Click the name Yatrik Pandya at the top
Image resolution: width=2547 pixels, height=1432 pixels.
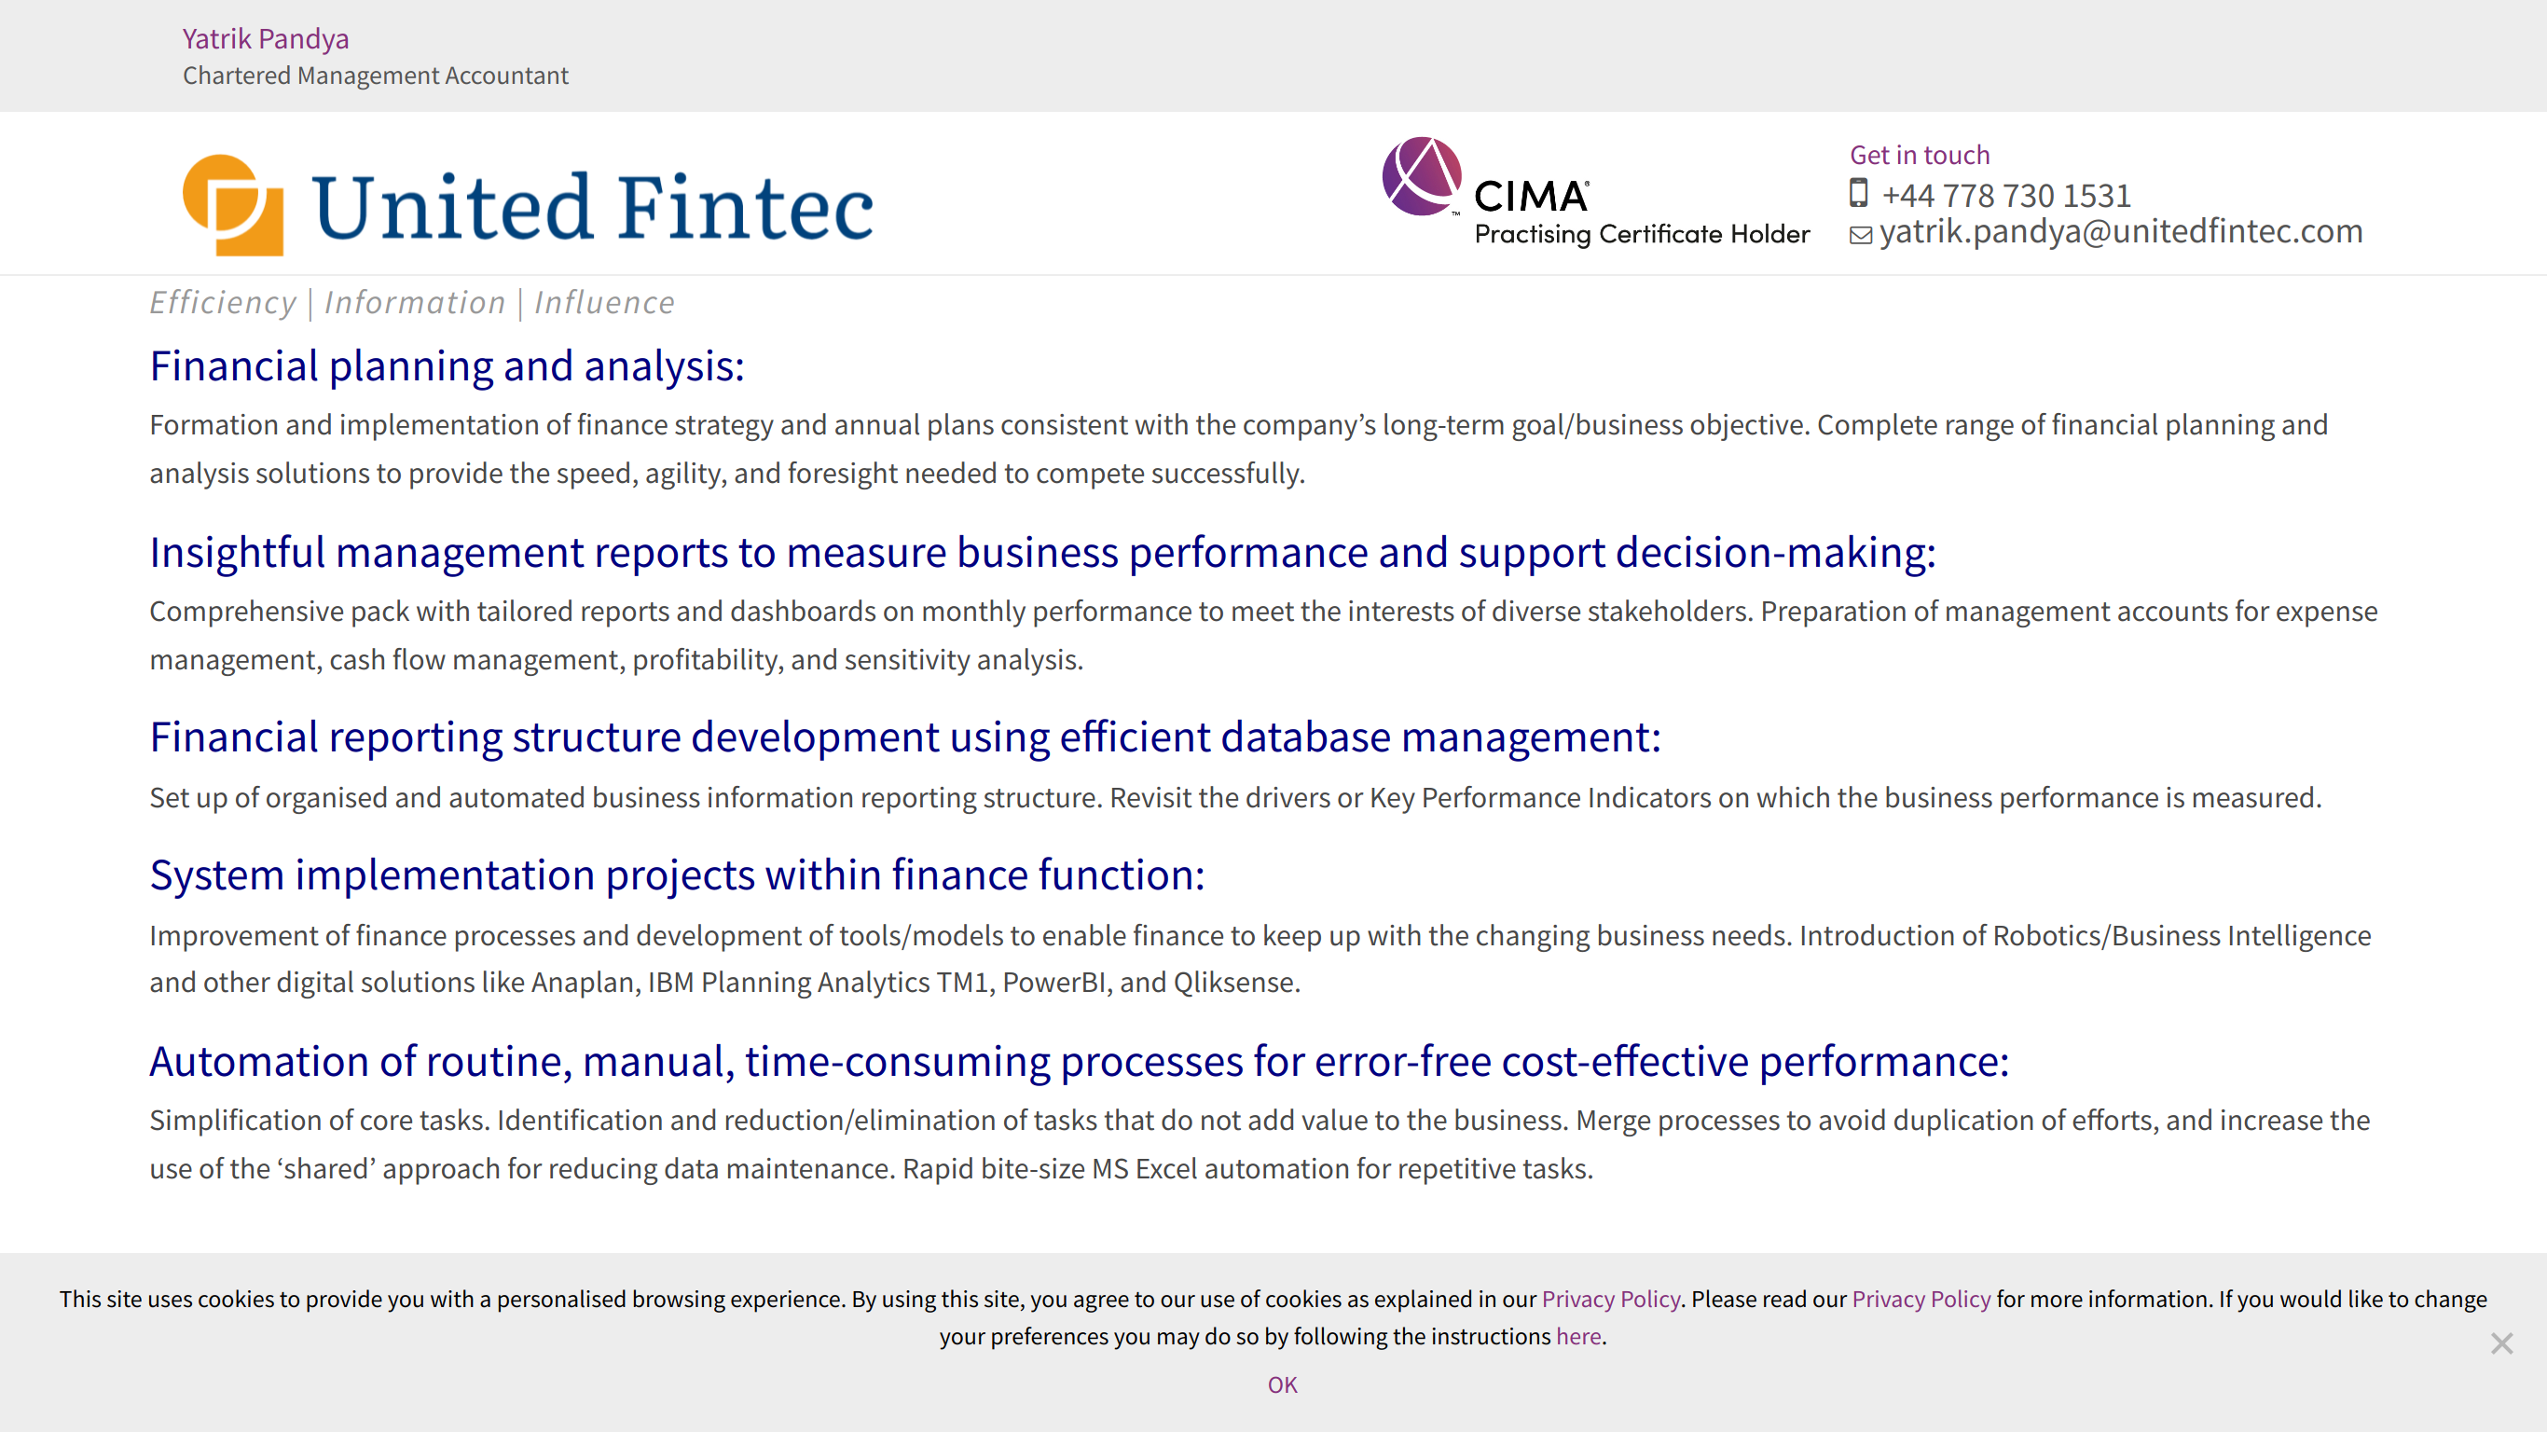click(265, 38)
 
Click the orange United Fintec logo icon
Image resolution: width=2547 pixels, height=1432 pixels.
click(233, 205)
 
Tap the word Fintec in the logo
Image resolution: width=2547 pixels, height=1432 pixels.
click(747, 207)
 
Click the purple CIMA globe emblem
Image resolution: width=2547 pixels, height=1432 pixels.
click(1422, 176)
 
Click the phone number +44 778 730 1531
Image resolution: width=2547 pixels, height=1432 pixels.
click(2006, 195)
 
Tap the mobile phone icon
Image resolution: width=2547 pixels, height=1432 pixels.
click(1859, 193)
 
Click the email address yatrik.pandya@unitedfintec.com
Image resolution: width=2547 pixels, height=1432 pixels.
click(2121, 231)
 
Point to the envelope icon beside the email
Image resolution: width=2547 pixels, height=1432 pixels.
click(1861, 235)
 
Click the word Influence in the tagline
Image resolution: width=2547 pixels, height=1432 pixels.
click(604, 302)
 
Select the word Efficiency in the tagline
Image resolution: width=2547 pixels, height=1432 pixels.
click(223, 303)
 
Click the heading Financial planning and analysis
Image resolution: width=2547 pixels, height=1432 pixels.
click(447, 365)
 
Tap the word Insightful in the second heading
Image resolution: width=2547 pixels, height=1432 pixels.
click(238, 552)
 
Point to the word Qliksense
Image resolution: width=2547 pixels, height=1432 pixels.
click(1236, 982)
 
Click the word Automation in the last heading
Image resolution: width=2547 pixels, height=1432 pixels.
click(259, 1061)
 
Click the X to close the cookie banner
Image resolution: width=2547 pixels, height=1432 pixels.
click(2501, 1343)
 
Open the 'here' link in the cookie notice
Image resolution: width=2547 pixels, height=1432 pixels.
click(1578, 1336)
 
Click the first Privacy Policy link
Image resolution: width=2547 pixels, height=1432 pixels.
click(1611, 1299)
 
